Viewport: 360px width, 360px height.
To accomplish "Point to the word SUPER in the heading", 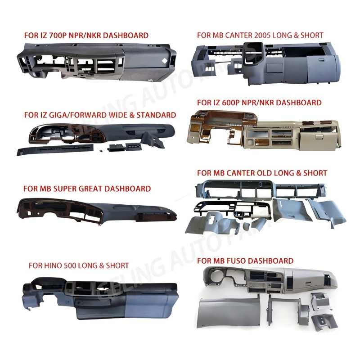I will pos(70,189).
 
